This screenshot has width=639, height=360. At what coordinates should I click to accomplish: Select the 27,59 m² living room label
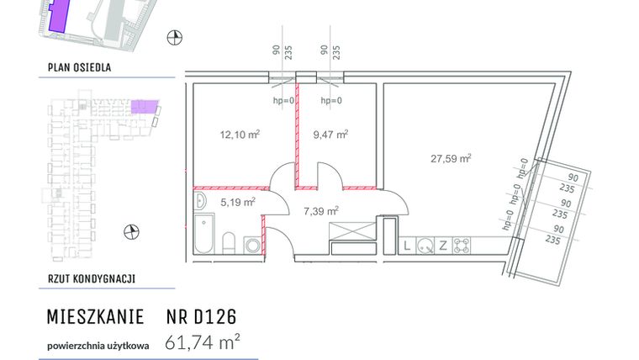(x=451, y=157)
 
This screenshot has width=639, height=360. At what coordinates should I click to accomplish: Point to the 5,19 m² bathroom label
(x=238, y=202)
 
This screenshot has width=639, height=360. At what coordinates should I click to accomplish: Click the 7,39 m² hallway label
(x=320, y=210)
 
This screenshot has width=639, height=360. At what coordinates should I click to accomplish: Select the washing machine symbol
(x=252, y=245)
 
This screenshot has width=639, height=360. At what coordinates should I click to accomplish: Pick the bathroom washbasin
(x=200, y=201)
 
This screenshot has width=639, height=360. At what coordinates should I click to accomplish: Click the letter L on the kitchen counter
(x=408, y=246)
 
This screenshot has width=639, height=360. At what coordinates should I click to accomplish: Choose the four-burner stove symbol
(x=461, y=246)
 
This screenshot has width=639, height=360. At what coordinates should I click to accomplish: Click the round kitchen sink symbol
(x=425, y=246)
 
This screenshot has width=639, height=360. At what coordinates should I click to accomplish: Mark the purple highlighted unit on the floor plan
(x=144, y=107)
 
